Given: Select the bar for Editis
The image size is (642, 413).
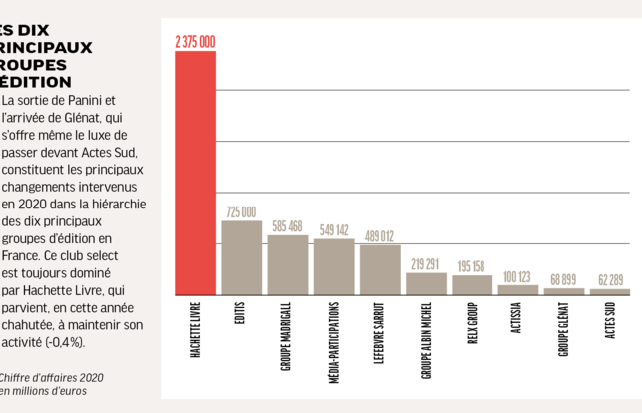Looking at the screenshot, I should pyautogui.click(x=241, y=257).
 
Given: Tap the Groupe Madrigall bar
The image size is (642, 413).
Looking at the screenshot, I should pyautogui.click(x=287, y=264).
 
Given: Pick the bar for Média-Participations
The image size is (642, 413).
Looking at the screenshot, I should pyautogui.click(x=333, y=266).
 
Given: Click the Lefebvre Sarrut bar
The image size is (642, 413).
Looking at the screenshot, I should pyautogui.click(x=379, y=269).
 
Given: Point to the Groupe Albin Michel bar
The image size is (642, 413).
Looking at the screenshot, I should pyautogui.click(x=426, y=283).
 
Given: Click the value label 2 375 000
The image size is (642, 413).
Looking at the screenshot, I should pyautogui.click(x=195, y=42).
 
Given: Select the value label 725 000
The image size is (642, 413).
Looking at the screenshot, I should pyautogui.click(x=241, y=212).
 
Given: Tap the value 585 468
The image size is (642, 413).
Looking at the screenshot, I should pyautogui.click(x=287, y=226).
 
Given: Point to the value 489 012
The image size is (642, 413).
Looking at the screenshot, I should pyautogui.click(x=379, y=236).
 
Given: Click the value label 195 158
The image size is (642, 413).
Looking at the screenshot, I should pyautogui.click(x=472, y=266).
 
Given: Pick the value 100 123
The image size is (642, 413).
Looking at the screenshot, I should pyautogui.click(x=517, y=276).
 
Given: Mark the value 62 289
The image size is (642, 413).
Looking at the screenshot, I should pyautogui.click(x=609, y=280).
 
